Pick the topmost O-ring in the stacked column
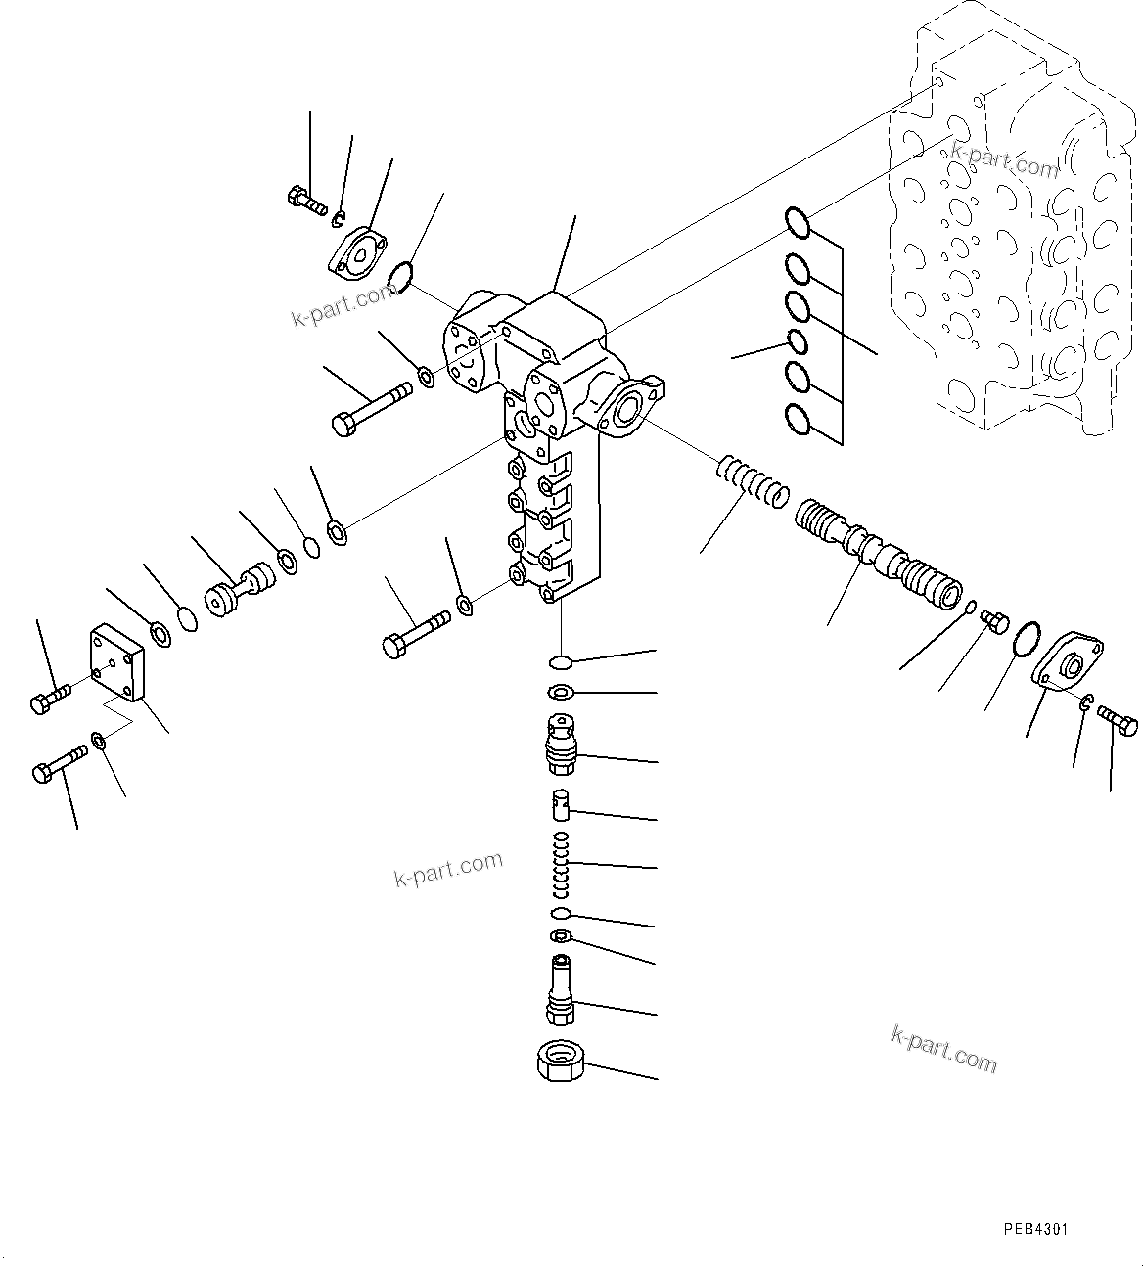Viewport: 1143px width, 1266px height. [x=798, y=223]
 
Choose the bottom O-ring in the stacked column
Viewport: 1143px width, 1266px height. [x=798, y=420]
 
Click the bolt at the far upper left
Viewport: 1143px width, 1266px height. [x=307, y=202]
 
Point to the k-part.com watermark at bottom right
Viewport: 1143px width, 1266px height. [x=943, y=1048]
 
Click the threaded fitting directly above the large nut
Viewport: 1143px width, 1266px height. [x=561, y=990]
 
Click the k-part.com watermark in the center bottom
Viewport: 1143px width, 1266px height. [x=448, y=868]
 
